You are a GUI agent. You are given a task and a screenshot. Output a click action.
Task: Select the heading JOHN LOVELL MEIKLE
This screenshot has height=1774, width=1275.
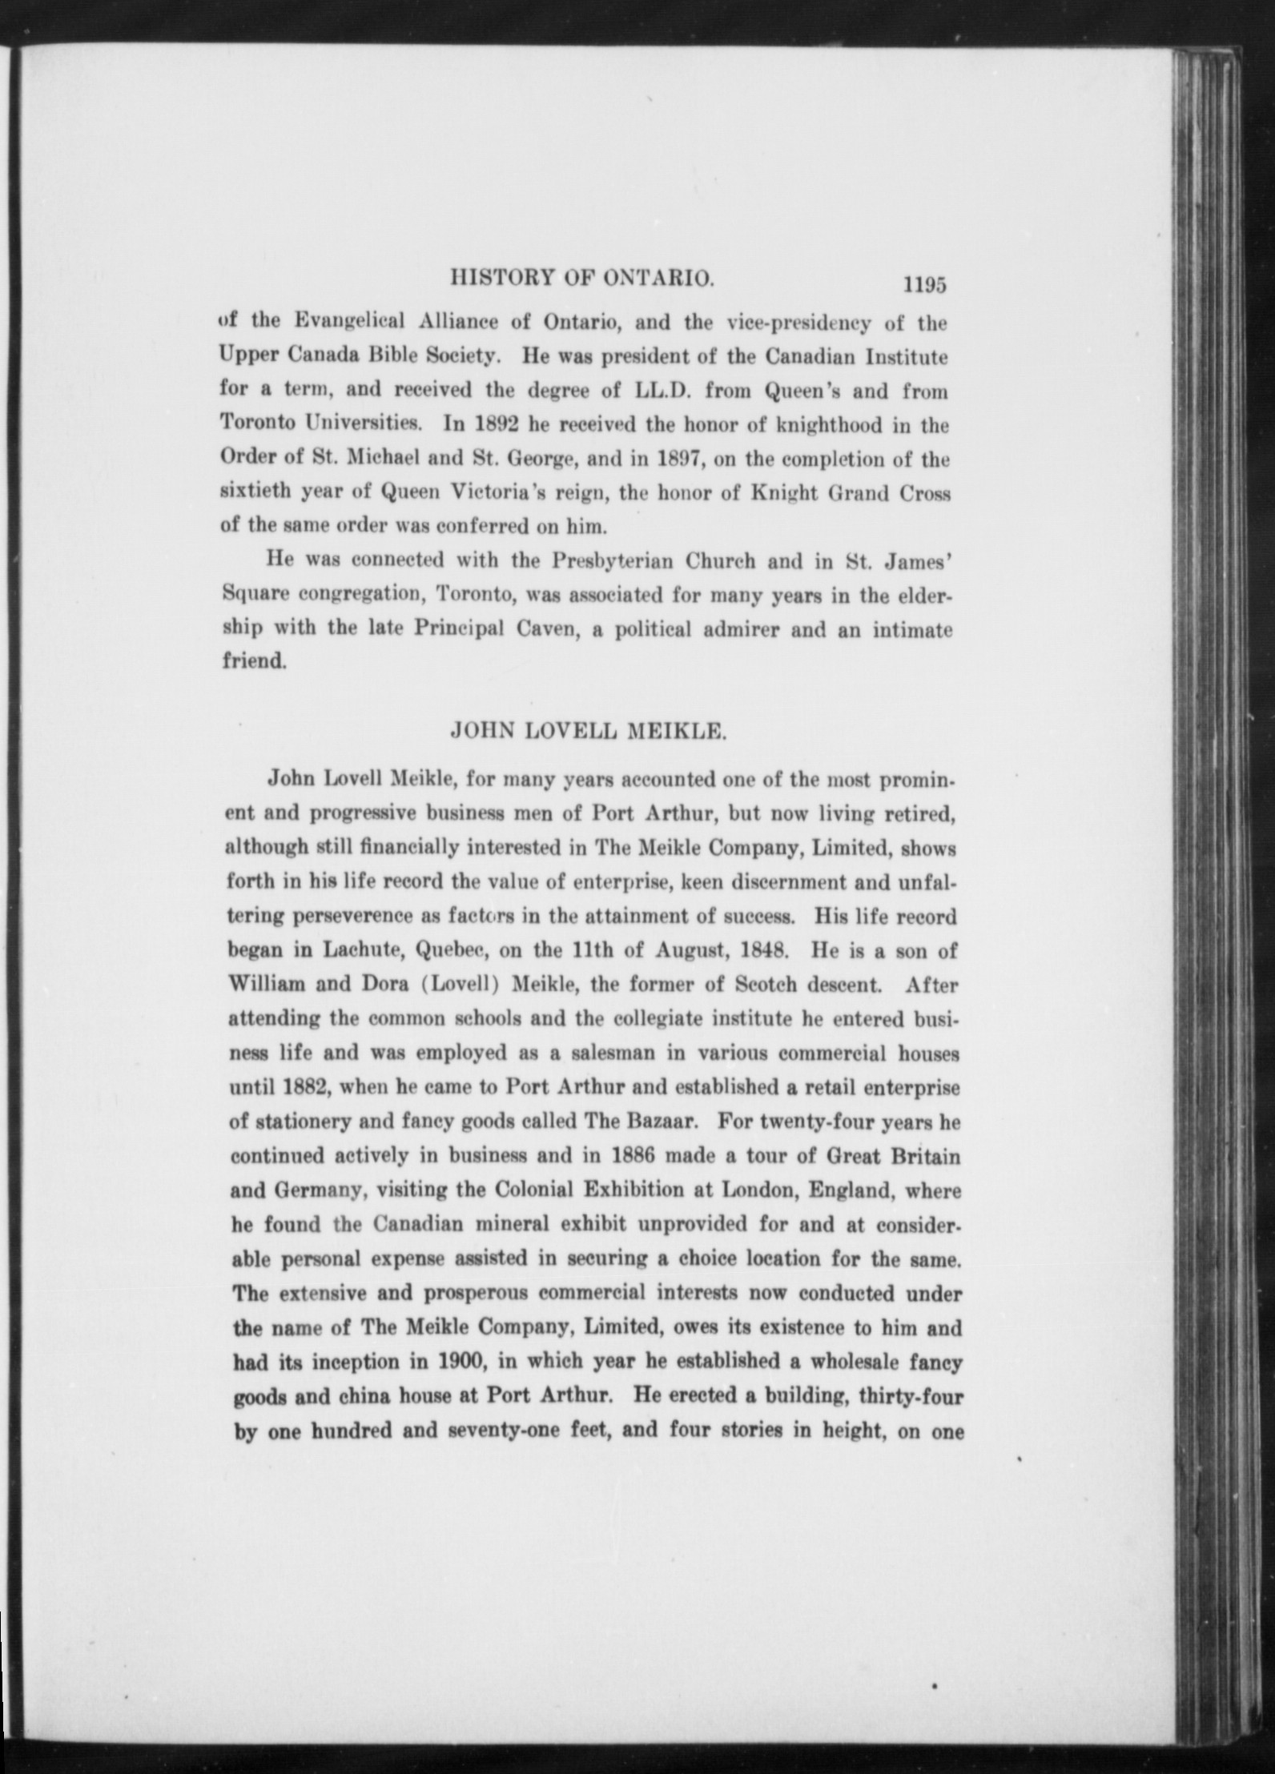pyautogui.click(x=589, y=730)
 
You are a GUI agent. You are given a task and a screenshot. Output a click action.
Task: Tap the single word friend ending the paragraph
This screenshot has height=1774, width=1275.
pyautogui.click(x=254, y=662)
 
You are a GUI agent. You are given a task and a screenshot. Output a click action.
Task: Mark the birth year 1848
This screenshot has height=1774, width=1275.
pyautogui.click(x=766, y=951)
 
